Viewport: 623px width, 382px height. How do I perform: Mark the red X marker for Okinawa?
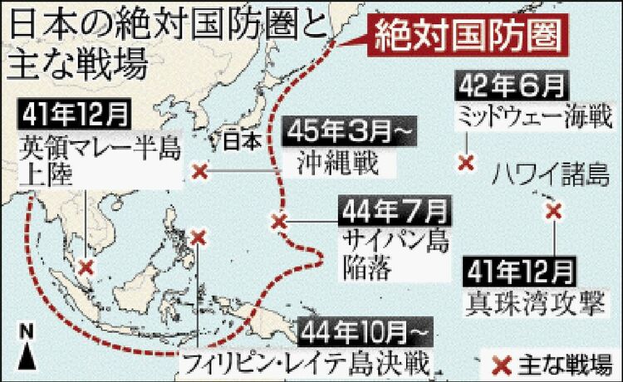tap(199, 172)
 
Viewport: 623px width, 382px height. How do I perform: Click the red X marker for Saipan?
tap(280, 221)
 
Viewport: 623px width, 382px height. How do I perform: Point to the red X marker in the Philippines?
tap(198, 238)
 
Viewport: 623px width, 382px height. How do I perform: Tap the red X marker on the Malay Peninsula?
tap(86, 267)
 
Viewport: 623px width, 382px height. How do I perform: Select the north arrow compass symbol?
tap(27, 350)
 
